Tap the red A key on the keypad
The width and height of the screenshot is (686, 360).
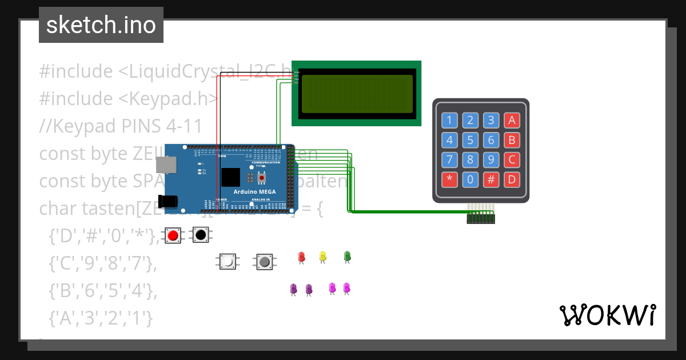512,120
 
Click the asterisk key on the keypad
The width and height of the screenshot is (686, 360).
449,179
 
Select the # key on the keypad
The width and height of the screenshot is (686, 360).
491,179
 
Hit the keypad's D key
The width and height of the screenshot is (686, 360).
512,179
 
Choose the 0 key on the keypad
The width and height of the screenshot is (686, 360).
470,179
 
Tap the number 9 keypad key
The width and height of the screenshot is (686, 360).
491,159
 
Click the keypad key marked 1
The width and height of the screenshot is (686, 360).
449,120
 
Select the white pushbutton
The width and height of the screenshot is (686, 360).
228,262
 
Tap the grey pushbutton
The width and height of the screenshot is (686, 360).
264,262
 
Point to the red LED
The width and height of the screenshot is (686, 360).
302,257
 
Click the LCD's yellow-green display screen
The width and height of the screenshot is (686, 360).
357,93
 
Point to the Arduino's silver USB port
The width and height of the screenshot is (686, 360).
166,165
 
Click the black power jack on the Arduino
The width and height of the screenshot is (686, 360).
169,201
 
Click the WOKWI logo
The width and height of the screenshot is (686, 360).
608,315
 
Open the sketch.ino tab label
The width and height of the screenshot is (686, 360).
101,25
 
